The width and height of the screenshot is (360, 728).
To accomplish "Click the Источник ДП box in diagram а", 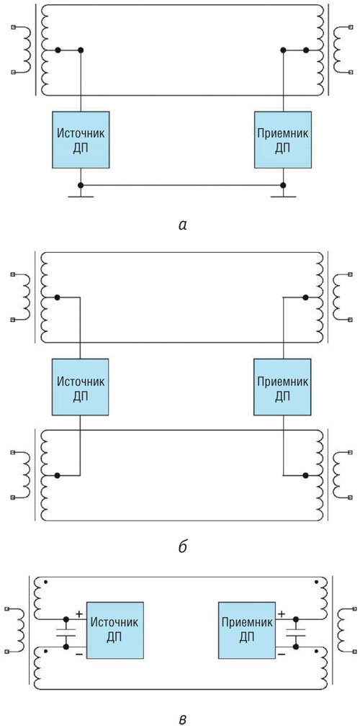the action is click(x=81, y=139).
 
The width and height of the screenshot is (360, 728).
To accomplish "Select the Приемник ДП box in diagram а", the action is click(x=283, y=139).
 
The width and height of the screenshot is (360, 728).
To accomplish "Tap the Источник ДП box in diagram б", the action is click(x=81, y=387).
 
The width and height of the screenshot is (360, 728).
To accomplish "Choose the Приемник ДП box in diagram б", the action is click(x=283, y=387).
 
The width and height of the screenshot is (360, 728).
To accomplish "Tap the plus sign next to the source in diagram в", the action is click(x=79, y=614).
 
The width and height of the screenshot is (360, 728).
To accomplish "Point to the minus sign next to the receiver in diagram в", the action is click(x=282, y=655).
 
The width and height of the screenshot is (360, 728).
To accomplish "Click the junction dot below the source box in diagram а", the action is click(x=81, y=185).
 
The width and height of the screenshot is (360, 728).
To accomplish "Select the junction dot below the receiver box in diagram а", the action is click(x=283, y=185).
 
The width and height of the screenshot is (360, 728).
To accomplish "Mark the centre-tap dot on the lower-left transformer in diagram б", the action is click(x=57, y=475).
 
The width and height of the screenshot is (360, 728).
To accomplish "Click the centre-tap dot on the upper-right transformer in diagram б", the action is click(x=306, y=297).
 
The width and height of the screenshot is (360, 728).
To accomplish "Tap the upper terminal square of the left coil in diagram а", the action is click(x=14, y=27).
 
